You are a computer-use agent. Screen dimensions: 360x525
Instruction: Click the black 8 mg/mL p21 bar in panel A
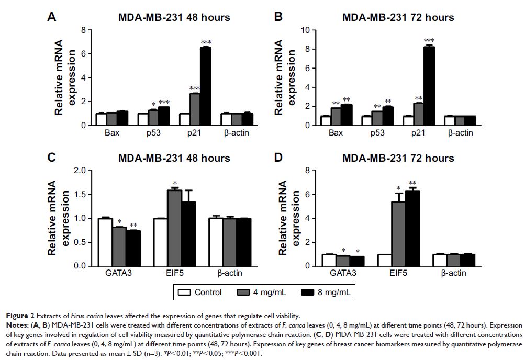[x=205, y=86]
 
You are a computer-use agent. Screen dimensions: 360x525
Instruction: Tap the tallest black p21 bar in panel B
[x=429, y=86]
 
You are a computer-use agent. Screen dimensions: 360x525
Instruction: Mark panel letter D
[x=279, y=157]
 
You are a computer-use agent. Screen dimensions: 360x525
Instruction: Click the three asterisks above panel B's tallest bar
[x=429, y=41]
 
